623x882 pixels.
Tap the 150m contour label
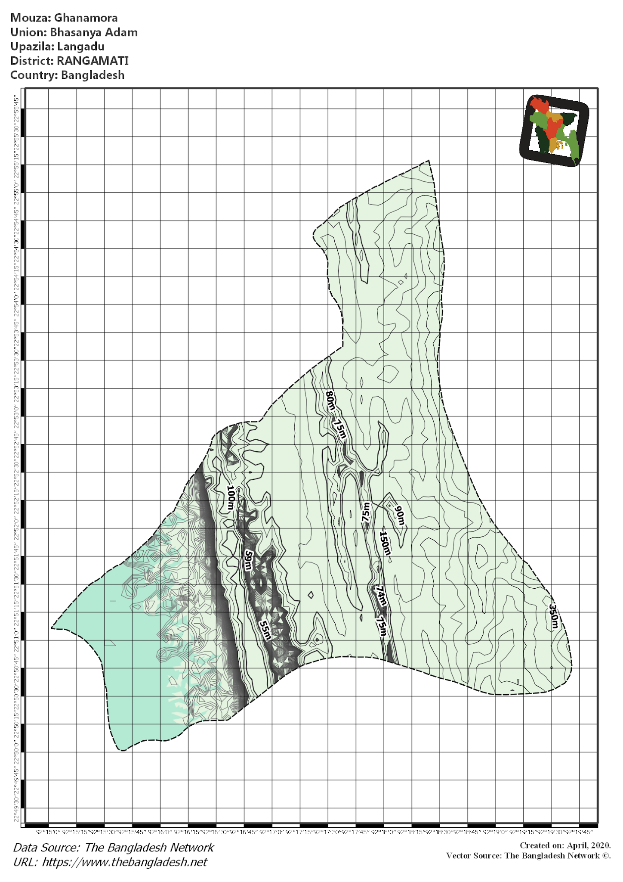[x=385, y=543]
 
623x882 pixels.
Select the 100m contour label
[x=231, y=498]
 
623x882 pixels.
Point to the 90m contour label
[x=400, y=516]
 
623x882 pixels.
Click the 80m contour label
[x=330, y=401]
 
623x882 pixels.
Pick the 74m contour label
[x=380, y=596]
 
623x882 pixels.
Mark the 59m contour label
[x=248, y=560]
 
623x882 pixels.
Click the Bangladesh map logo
[x=554, y=130]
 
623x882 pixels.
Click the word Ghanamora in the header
[x=86, y=18]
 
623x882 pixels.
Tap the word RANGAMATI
[x=93, y=61]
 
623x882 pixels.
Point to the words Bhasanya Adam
[x=94, y=32]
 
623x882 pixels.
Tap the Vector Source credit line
[x=528, y=855]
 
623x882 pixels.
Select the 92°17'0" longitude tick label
[x=272, y=832]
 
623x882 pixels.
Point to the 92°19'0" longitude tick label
[x=496, y=832]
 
